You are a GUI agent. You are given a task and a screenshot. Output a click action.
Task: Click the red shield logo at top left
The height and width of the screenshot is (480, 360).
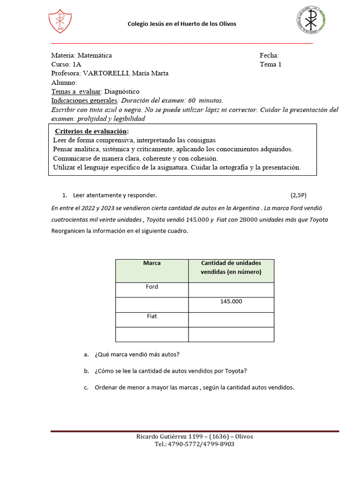(60, 22)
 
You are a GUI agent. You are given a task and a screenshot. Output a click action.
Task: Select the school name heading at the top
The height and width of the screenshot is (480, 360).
(182, 24)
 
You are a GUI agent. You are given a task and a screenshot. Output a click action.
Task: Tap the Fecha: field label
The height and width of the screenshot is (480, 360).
(269, 55)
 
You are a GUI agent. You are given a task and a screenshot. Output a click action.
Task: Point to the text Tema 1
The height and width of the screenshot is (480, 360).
(270, 64)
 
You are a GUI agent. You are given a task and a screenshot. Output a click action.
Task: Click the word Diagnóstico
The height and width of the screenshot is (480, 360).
(122, 91)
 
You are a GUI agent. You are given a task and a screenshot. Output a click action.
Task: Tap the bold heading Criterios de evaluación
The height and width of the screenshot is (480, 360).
(92, 131)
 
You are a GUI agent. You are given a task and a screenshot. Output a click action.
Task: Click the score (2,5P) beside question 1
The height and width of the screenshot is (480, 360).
(298, 195)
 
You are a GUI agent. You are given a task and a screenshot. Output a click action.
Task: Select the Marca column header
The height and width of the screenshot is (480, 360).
(152, 263)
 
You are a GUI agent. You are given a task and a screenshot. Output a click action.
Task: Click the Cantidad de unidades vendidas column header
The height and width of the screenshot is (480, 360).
(231, 267)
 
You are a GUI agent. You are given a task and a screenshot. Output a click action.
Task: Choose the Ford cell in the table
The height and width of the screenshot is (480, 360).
(152, 287)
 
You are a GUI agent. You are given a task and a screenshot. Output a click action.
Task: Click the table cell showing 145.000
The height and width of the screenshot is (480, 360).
(231, 301)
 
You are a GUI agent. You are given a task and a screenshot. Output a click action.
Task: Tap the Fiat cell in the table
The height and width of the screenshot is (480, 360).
(152, 316)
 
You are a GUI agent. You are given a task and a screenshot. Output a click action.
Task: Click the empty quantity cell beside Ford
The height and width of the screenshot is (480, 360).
(231, 290)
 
